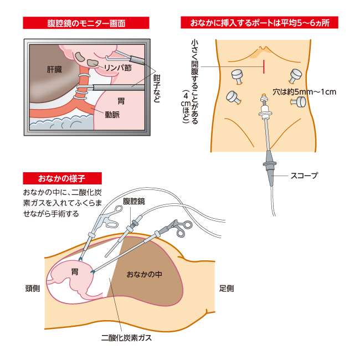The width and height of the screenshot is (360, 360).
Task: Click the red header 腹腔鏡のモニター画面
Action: point(86,23)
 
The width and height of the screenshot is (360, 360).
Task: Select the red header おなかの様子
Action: point(62,178)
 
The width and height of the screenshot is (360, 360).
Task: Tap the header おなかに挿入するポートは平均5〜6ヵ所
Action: point(260,23)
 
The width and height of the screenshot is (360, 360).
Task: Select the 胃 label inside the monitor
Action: point(121,101)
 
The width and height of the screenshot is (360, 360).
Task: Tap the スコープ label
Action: point(304,176)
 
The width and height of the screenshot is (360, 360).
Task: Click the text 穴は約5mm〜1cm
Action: point(305,91)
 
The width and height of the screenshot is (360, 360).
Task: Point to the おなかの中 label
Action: point(144,274)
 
